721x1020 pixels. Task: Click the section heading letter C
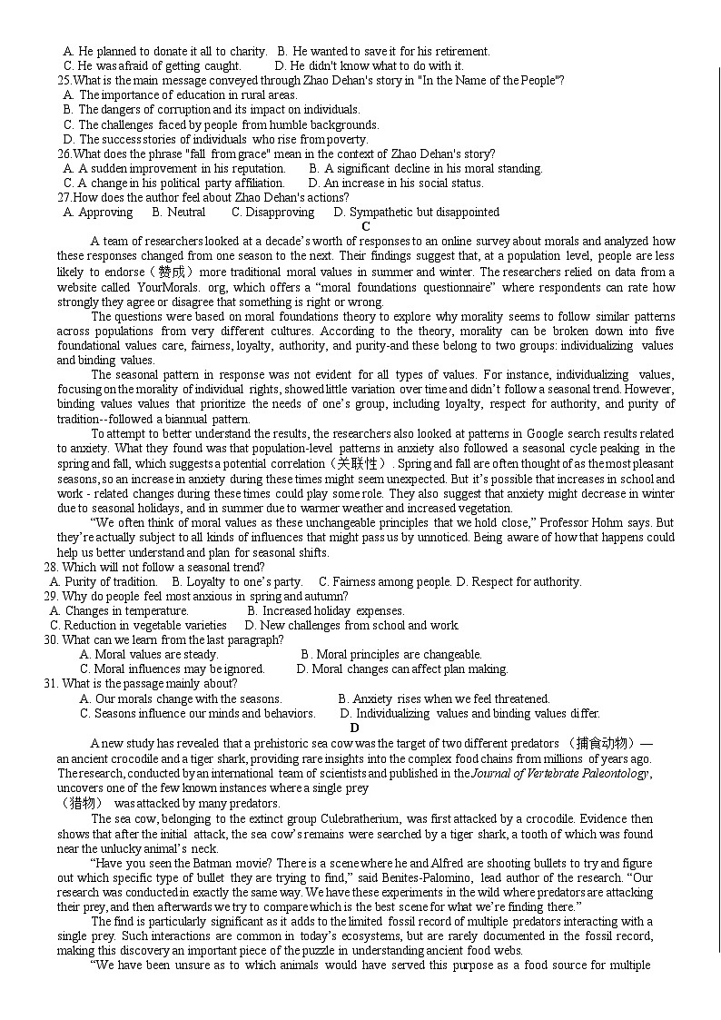[366, 226]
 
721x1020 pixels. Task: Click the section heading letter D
[355, 728]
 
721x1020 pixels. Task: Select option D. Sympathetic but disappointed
[416, 212]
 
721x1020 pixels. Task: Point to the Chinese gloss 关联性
[359, 463]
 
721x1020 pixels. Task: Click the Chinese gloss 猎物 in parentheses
[80, 803]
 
